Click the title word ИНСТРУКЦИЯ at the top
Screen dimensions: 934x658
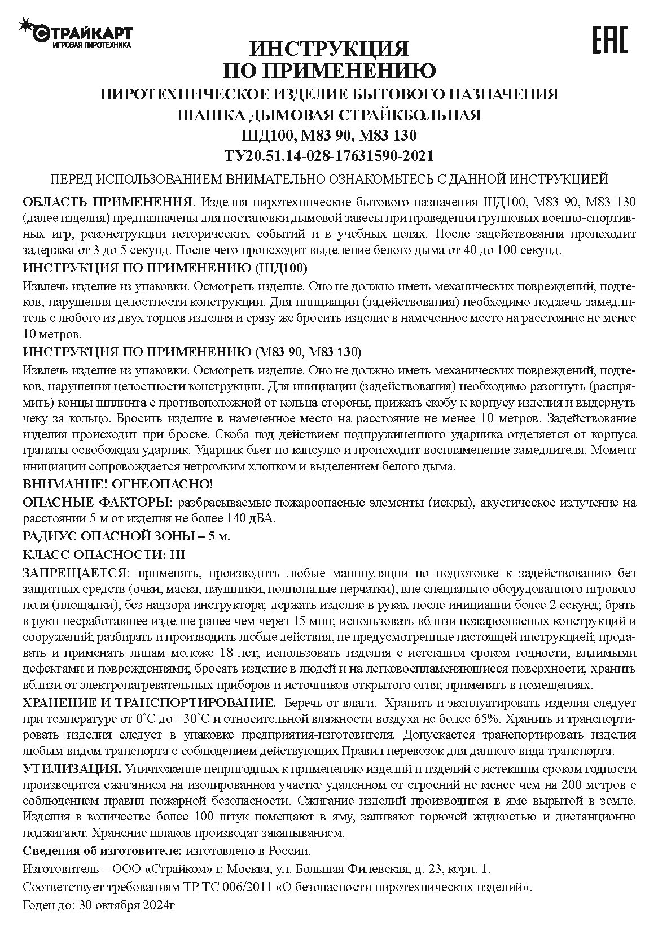[329, 49]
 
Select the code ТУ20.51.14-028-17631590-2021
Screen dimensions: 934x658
[329, 155]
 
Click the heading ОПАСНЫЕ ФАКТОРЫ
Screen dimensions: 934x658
[97, 503]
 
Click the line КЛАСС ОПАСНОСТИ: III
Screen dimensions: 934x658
[104, 555]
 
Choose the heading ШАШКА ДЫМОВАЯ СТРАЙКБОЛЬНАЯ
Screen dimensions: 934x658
[329, 115]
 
